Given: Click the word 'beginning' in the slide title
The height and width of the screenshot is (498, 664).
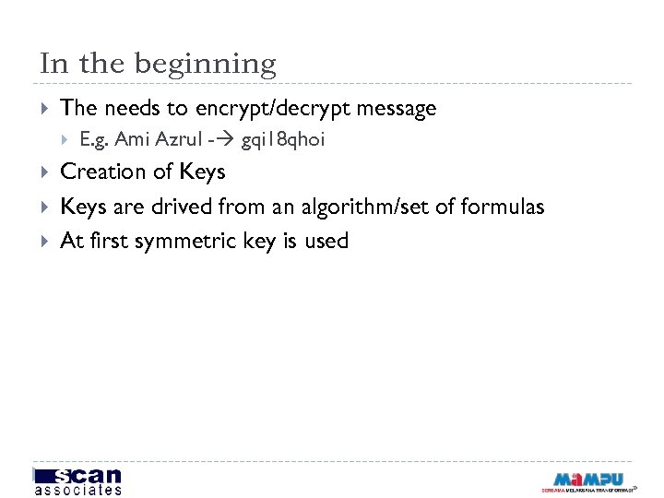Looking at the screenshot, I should coord(205,65).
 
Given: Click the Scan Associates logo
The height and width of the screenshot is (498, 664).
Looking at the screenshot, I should coord(77,480).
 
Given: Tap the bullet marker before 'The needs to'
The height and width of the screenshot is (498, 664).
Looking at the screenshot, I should coord(45,109).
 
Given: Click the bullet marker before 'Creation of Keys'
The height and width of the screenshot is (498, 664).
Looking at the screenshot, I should coord(45,172).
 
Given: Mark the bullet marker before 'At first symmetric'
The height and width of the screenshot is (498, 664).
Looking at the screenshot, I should coord(45,242).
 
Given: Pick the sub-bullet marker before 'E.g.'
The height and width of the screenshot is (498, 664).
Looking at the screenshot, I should coord(65,140).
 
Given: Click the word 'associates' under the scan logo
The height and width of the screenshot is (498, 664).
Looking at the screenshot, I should coord(77,490).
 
